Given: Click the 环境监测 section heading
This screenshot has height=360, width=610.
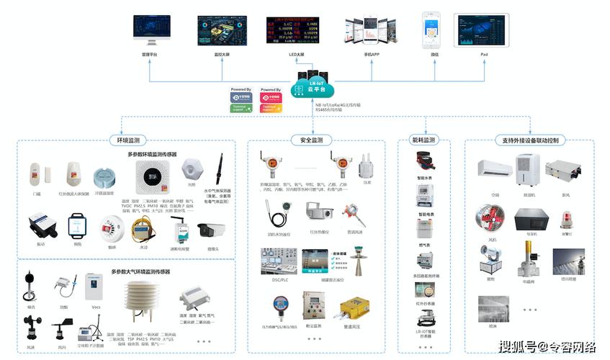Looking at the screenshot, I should point(127,140).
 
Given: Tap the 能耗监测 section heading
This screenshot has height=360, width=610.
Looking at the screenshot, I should point(423,140).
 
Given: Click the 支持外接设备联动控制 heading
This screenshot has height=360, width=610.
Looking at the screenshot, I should point(530,140).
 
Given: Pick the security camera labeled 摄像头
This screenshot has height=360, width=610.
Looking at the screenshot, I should point(212,230).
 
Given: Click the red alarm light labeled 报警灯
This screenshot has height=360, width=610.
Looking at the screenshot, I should point(567,218).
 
